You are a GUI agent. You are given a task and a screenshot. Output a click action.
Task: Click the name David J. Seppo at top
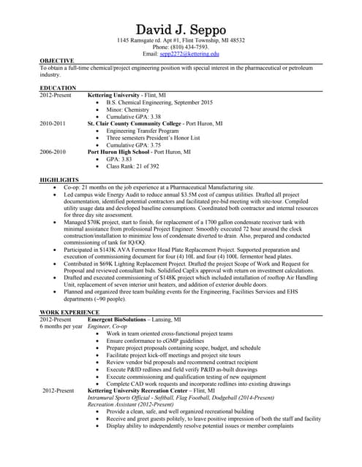pos(181,28)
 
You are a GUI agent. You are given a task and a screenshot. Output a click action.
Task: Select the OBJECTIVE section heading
pos(56,61)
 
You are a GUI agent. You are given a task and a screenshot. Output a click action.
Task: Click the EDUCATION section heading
pos(58,88)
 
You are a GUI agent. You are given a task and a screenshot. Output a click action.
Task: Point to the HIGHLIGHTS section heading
pos(59,180)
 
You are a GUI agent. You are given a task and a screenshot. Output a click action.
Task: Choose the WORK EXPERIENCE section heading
pos(69,312)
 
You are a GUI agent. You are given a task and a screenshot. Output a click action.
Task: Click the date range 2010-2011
pos(53,123)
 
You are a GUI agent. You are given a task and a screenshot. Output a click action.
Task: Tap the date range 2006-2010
pos(53,151)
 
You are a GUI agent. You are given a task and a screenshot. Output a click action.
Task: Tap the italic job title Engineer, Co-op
pos(108,327)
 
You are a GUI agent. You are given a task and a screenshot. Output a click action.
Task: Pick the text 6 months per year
pos(61,327)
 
